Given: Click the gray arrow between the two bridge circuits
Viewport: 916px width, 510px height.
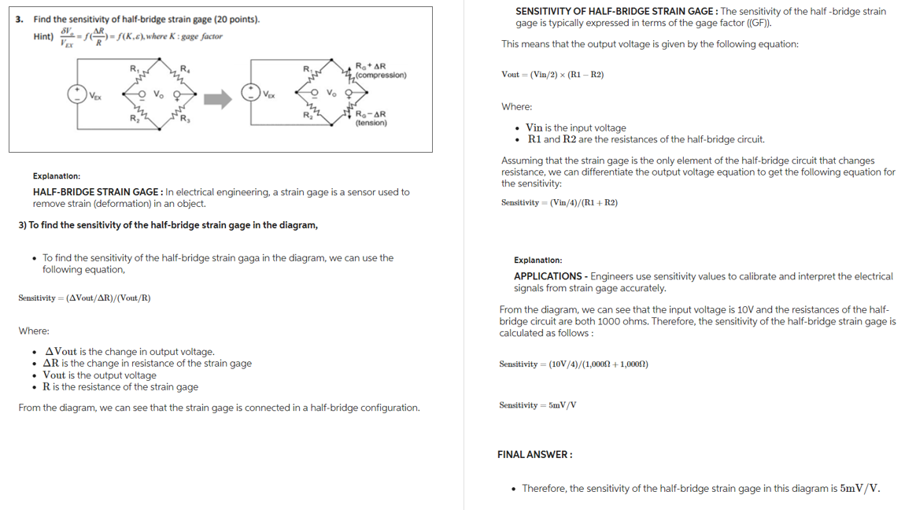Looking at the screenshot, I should coord(218,98).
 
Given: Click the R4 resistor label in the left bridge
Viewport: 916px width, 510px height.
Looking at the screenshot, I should coord(184,68).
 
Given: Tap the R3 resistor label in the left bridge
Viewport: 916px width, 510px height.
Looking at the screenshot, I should coord(185,120).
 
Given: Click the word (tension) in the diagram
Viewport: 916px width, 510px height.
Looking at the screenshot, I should coord(371,123).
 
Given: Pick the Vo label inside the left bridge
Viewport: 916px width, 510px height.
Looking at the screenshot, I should coord(158,94).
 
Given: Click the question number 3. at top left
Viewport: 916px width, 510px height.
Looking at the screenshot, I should coord(20,19).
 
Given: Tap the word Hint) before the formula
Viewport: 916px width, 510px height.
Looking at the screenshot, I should coord(43,37).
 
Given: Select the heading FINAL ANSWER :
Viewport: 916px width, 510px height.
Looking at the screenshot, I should coord(534,454).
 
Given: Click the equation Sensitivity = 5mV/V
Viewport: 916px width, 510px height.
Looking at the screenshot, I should coord(537,405).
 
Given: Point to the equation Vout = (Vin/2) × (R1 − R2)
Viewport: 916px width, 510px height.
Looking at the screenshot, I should coord(552,75).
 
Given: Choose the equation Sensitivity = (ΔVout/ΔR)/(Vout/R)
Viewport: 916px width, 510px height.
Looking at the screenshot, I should coord(84,298).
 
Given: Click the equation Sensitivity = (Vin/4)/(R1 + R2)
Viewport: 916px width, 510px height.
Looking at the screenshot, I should coord(559,203).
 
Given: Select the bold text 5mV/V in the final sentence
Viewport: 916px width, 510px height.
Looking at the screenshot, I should coord(859,488).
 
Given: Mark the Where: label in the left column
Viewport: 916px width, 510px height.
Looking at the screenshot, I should coord(34,331).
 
